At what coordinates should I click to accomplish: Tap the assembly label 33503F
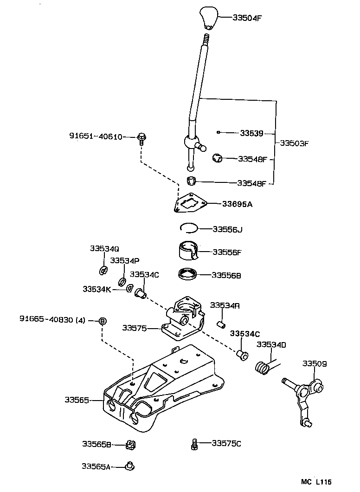294,143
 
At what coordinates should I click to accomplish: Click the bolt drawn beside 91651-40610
141,138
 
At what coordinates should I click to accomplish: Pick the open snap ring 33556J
189,227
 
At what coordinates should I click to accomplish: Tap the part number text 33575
135,328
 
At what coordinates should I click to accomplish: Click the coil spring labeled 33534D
263,367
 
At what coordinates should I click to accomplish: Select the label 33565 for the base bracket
77,400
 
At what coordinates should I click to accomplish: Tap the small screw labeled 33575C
195,444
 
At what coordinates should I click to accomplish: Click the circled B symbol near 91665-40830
103,321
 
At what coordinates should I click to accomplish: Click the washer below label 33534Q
103,270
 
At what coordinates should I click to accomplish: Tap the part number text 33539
251,133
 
